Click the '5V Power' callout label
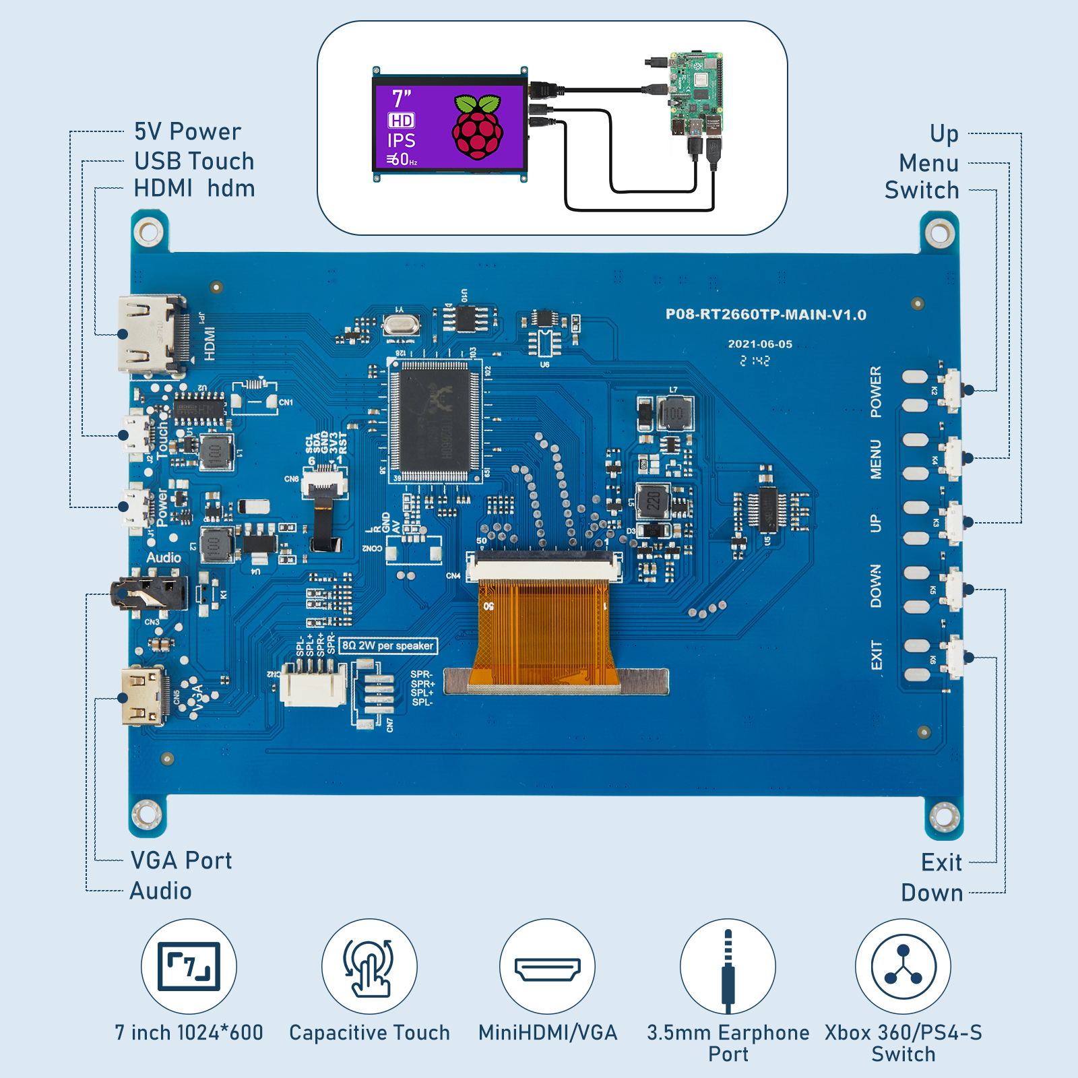(187, 131)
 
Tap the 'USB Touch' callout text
(194, 161)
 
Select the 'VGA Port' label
(181, 860)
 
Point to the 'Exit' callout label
(941, 862)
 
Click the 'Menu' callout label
(928, 163)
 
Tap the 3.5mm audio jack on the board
(150, 593)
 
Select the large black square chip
(434, 420)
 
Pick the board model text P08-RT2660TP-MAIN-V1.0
(765, 315)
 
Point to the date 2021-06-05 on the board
(760, 344)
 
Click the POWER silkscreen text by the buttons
(875, 391)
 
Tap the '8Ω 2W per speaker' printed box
(387, 645)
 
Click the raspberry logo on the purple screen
(478, 128)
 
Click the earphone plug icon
(728, 968)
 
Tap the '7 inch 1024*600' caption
(189, 1032)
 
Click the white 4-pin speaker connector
(313, 686)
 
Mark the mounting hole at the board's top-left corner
(148, 232)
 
